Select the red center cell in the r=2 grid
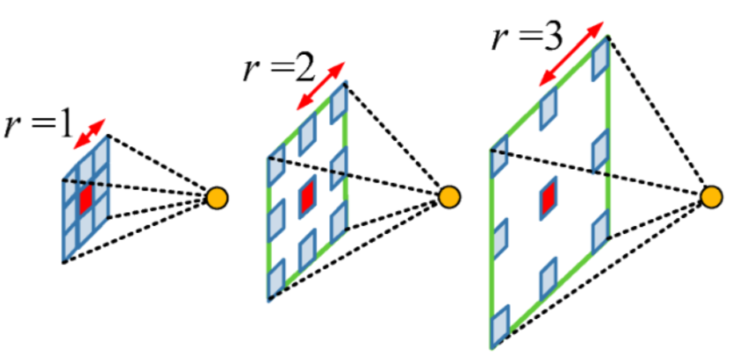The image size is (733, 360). tap(307, 197)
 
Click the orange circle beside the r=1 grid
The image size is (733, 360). tap(217, 198)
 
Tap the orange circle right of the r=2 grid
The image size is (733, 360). tap(449, 197)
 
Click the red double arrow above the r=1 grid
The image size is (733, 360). tap(90, 134)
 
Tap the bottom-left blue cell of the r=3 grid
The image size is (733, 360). tap(500, 326)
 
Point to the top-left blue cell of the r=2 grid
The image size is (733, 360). tap(277, 159)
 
